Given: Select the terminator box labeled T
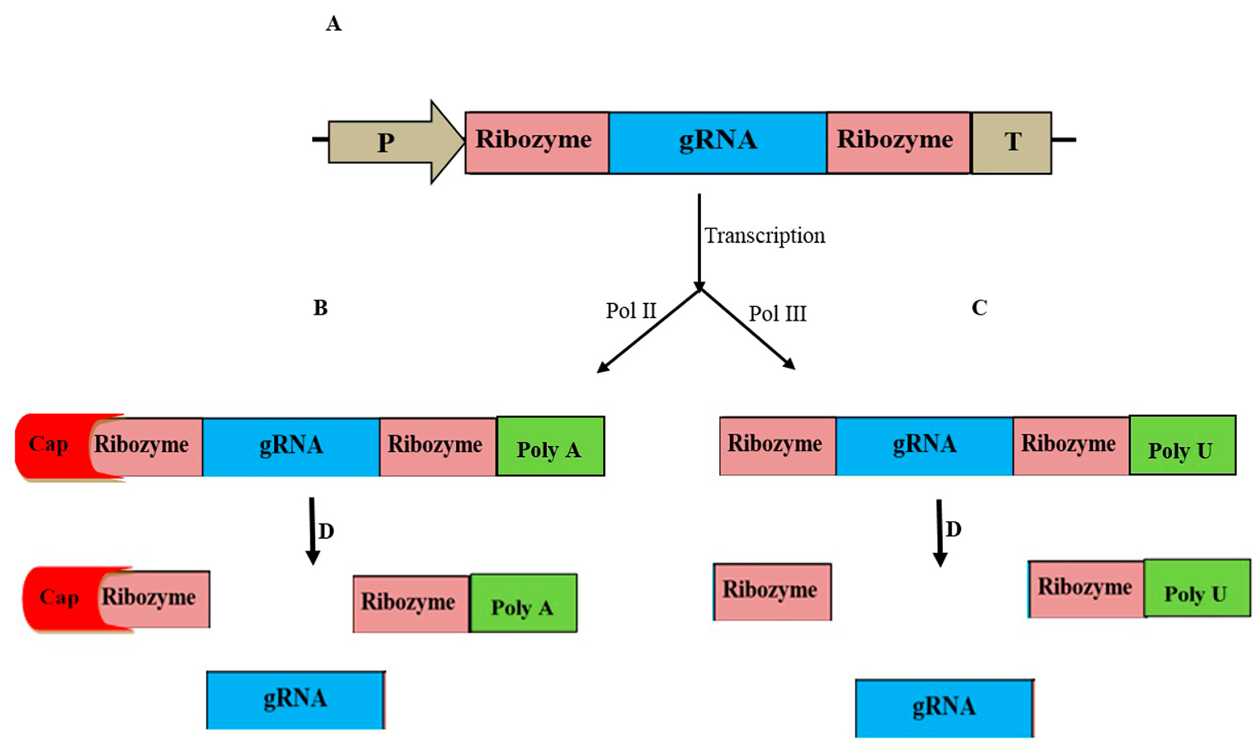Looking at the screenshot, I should (x=1011, y=143).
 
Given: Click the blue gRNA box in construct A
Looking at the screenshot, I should (x=717, y=143).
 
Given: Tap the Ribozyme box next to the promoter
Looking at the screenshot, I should (x=536, y=143).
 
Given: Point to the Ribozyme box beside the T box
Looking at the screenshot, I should (x=898, y=143).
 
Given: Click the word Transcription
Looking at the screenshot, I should (x=764, y=236).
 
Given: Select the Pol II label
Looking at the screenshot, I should (x=631, y=311).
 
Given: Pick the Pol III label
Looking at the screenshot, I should (x=778, y=314).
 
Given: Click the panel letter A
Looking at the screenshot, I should (x=333, y=24).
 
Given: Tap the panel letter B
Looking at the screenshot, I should (x=321, y=308).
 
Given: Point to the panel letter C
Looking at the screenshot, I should (x=979, y=308).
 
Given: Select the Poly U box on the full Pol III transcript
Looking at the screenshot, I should (x=1182, y=445).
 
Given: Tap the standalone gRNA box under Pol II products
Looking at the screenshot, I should (x=295, y=700).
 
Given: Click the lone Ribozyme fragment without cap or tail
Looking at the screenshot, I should (x=771, y=592).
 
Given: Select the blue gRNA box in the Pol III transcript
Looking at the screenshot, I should (x=925, y=445).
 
